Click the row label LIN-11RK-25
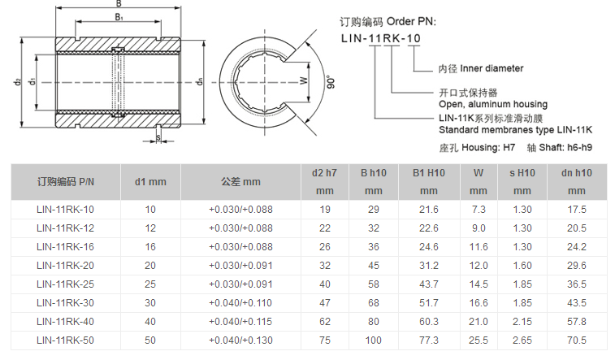coord(66,284)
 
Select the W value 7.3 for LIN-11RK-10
coord(478,209)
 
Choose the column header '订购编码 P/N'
coord(66,181)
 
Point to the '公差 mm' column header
coord(240,181)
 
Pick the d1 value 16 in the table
coord(150,246)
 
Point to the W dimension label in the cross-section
coord(303,80)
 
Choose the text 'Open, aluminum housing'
coord(492,104)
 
